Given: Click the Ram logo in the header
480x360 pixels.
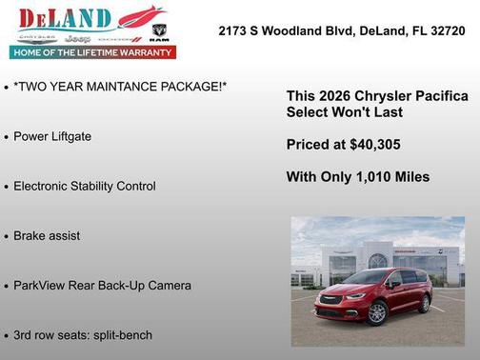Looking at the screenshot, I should (x=159, y=32).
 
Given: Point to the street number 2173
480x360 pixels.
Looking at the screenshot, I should (x=234, y=30).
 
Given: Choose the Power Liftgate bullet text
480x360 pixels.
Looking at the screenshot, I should (x=52, y=136).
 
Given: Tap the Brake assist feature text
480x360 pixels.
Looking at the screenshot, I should (x=47, y=235).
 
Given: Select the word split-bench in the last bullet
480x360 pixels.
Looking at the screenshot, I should (x=119, y=334).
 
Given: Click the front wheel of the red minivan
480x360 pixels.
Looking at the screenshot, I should (x=377, y=311).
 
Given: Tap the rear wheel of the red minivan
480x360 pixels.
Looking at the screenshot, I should (x=326, y=306).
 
